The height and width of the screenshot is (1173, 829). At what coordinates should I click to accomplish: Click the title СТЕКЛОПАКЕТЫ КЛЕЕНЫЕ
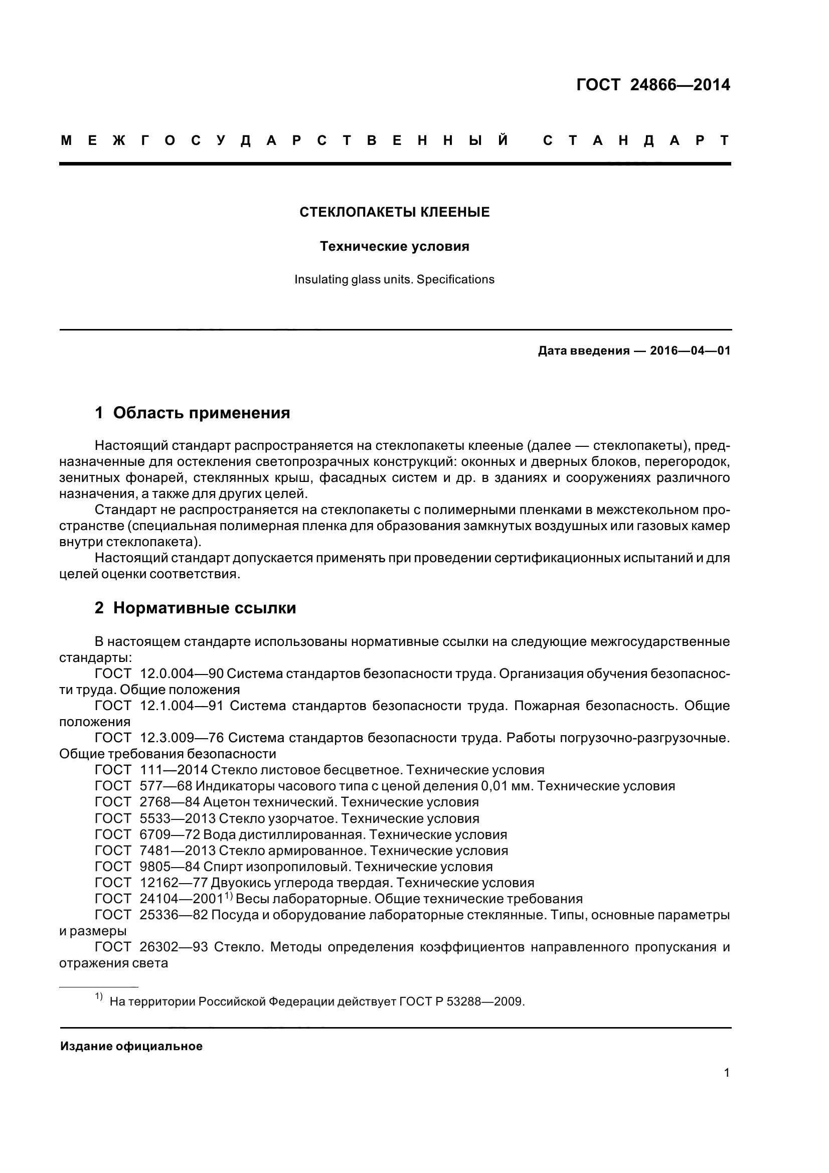point(394,213)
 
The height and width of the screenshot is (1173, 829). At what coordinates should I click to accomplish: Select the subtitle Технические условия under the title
point(394,247)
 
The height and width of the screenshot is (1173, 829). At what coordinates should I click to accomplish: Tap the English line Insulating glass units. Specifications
point(394,279)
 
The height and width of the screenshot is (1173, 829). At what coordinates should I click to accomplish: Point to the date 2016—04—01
point(690,351)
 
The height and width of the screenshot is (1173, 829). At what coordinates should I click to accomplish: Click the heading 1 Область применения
point(193,413)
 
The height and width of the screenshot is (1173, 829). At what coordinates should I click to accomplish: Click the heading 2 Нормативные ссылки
point(196,608)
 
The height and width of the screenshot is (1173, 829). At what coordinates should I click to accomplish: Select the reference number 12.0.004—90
point(182,674)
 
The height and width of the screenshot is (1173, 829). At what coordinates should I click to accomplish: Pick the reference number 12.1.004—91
point(182,706)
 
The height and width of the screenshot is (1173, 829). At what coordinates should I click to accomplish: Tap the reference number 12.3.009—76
point(182,738)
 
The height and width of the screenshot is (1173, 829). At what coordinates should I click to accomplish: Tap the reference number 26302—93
point(173,947)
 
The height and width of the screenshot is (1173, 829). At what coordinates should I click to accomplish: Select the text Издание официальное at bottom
point(131,1046)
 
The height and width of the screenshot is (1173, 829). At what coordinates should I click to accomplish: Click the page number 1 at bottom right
point(726,1087)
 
